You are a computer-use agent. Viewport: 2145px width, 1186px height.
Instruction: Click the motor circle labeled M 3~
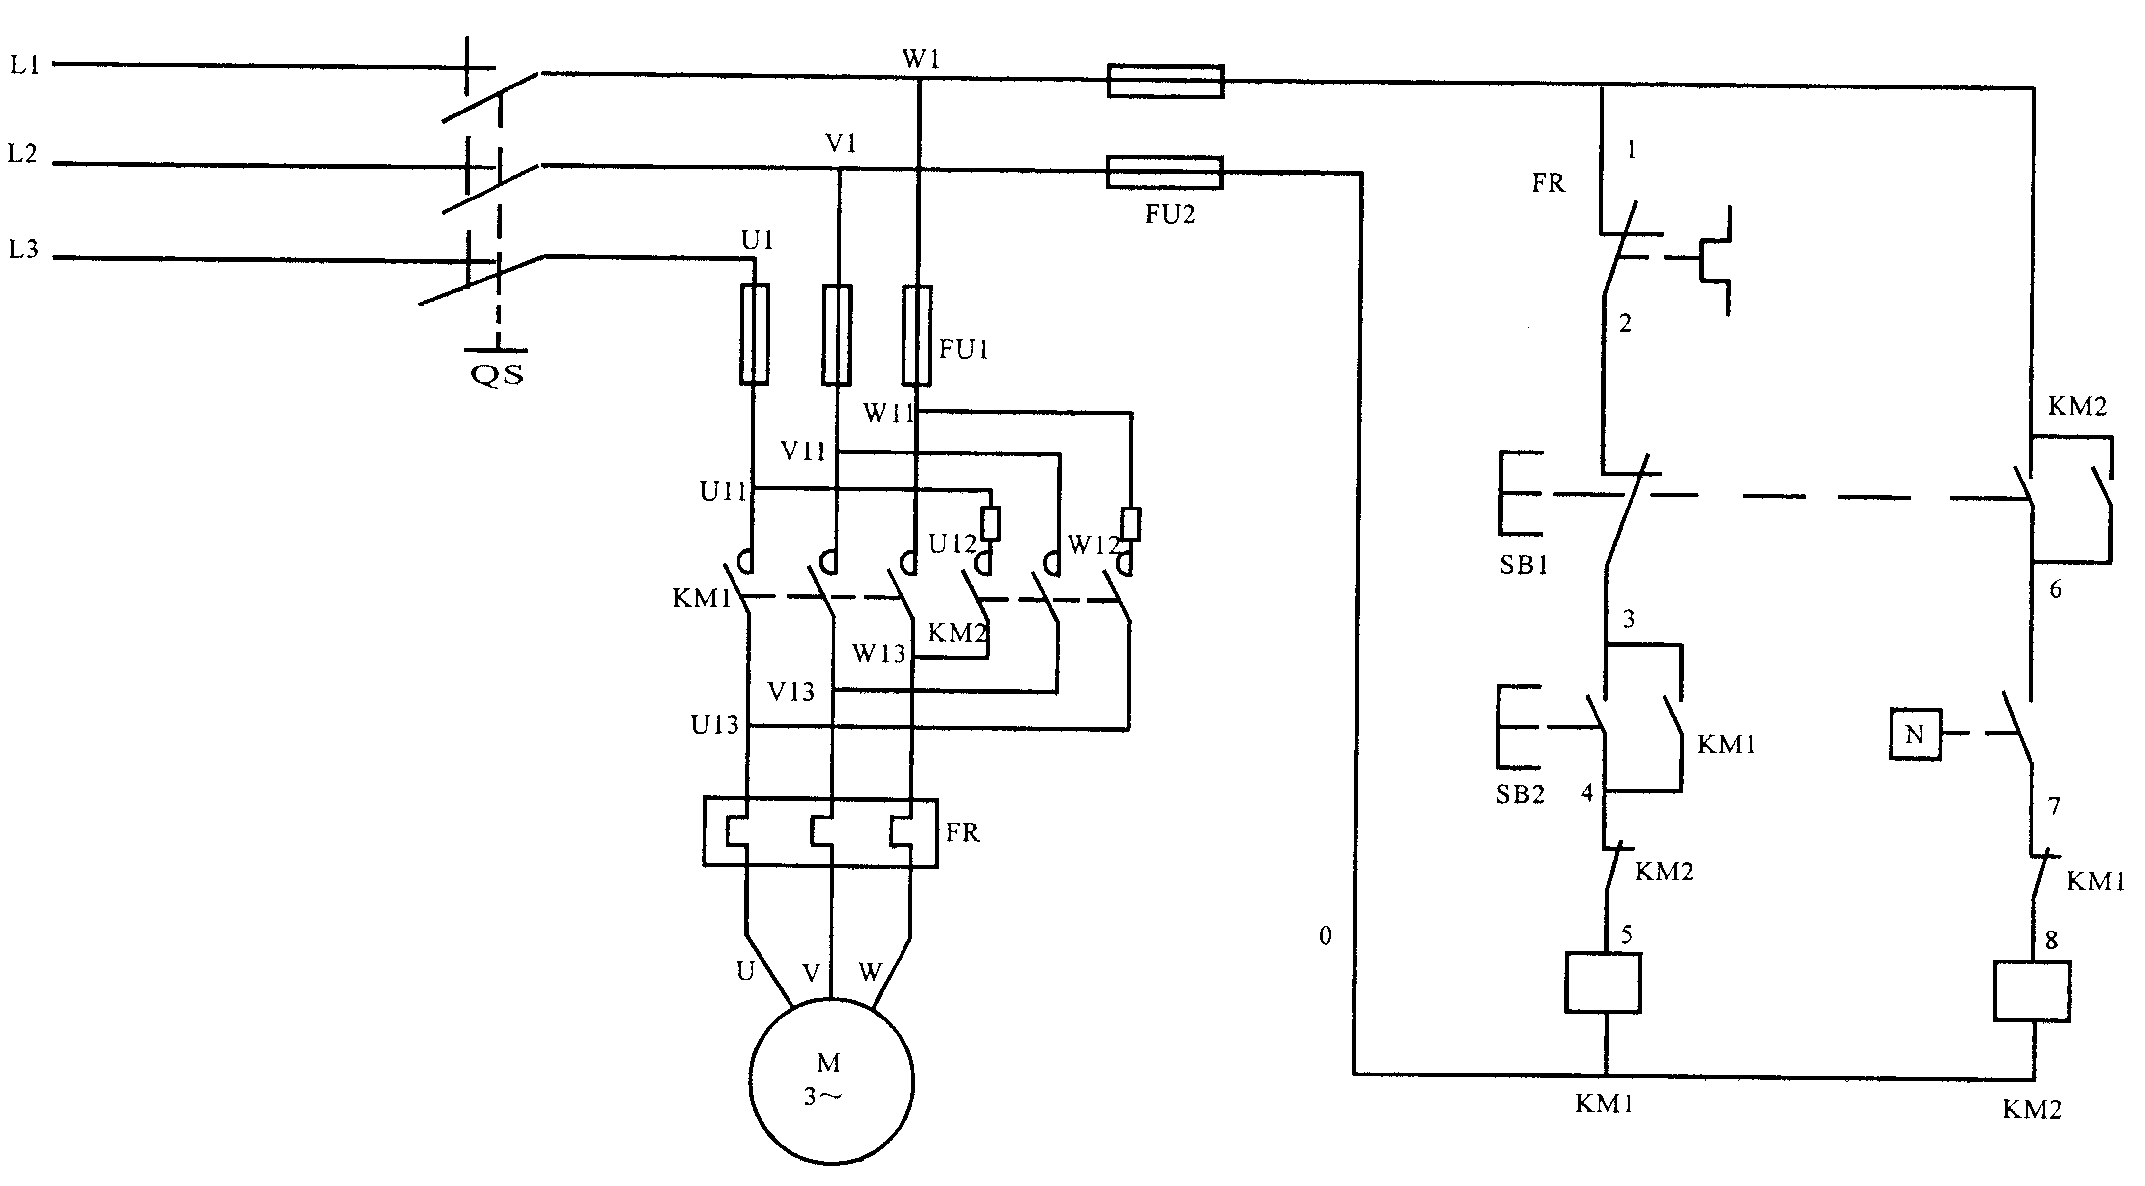(831, 1081)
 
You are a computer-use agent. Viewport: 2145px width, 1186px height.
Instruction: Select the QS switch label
(497, 375)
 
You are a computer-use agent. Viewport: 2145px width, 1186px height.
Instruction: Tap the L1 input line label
(25, 65)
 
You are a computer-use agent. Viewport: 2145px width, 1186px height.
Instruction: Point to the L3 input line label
(23, 249)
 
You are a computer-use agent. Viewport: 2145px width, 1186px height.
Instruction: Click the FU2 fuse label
(1169, 215)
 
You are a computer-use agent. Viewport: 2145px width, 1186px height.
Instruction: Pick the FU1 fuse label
(963, 350)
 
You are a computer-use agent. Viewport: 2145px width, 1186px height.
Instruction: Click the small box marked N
(1915, 734)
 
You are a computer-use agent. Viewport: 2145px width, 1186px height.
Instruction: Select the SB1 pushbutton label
(1523, 565)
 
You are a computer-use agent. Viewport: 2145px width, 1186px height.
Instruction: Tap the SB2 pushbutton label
(1520, 794)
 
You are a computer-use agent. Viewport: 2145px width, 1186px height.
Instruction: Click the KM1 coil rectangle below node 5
(1603, 983)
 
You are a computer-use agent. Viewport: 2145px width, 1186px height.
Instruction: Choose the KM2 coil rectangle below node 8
(2031, 991)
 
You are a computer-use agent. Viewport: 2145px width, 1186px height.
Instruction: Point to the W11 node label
(888, 413)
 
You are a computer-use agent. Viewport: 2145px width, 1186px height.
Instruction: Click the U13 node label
(714, 726)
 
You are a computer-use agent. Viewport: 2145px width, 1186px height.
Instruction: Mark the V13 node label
(790, 691)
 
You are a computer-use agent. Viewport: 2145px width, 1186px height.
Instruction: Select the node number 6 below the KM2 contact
(2055, 590)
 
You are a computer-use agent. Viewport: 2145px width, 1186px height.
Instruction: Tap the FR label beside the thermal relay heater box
(962, 833)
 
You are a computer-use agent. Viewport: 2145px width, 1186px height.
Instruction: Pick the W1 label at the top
(921, 60)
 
